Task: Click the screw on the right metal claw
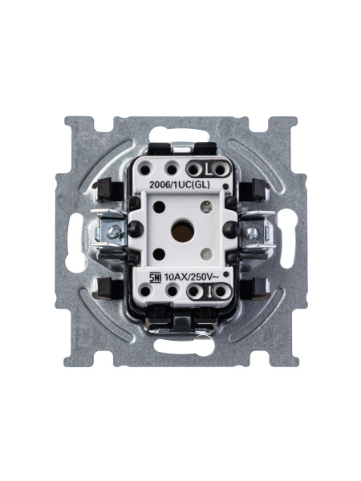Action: [x=253, y=232]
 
